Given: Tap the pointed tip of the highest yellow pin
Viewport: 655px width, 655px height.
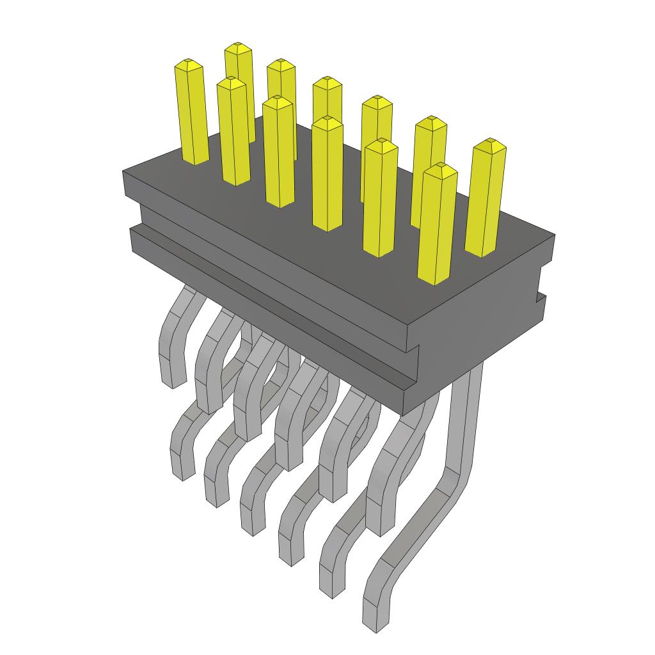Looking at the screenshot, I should pos(238,47).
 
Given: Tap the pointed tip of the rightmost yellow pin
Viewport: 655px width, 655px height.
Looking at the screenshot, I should pos(489,143).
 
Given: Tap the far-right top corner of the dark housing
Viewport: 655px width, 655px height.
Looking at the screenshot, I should pos(554,236).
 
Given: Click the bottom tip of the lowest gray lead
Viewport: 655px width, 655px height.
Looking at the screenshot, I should pos(376,627).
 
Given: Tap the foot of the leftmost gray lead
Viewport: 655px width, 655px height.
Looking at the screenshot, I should pos(170,374).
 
